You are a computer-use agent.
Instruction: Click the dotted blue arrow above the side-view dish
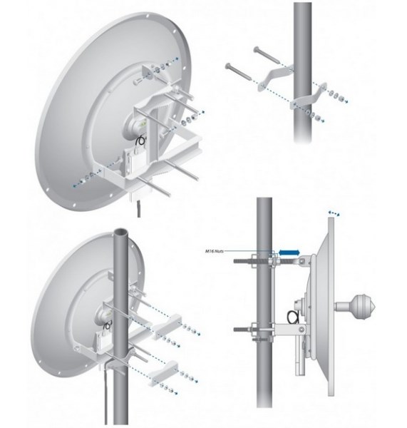coord(333,212)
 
